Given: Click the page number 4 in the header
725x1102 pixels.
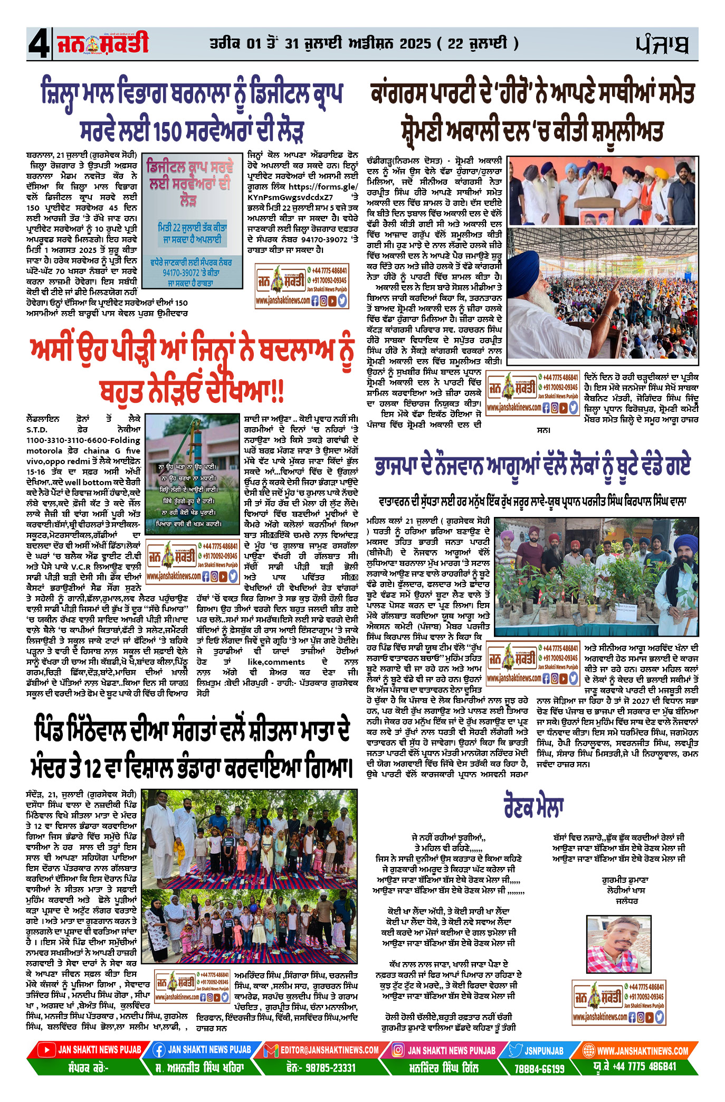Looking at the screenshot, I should click(39, 44).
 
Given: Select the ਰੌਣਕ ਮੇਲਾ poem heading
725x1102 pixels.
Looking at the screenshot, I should click(533, 806).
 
